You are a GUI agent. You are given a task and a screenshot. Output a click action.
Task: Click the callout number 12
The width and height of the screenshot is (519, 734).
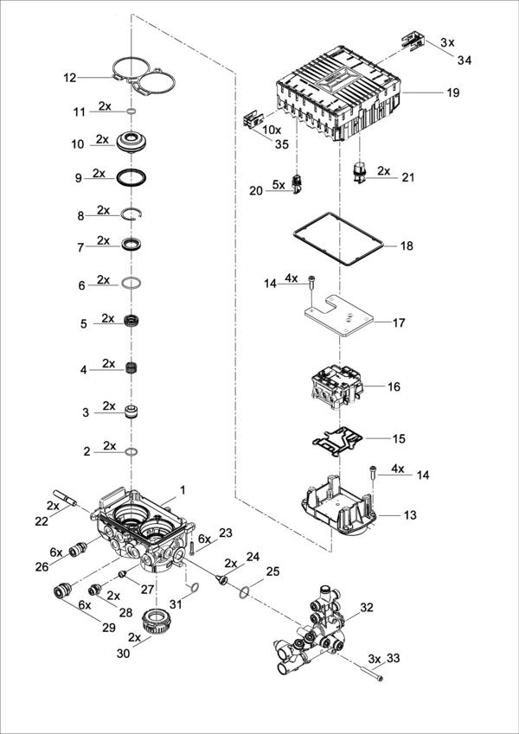pyautogui.click(x=70, y=78)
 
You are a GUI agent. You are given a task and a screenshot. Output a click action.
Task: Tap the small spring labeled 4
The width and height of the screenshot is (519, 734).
pyautogui.click(x=132, y=368)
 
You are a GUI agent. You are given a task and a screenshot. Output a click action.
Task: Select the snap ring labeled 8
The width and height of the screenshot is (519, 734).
pyautogui.click(x=132, y=214)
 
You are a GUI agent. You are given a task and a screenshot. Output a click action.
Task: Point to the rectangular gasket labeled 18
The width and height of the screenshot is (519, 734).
pyautogui.click(x=339, y=239)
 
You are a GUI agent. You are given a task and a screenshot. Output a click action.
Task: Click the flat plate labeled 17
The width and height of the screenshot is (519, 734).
pyautogui.click(x=339, y=316)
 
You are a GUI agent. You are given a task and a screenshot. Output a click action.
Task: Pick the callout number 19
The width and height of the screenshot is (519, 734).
pyautogui.click(x=453, y=93)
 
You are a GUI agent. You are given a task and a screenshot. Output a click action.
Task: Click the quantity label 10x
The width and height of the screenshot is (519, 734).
pyautogui.click(x=272, y=129)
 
